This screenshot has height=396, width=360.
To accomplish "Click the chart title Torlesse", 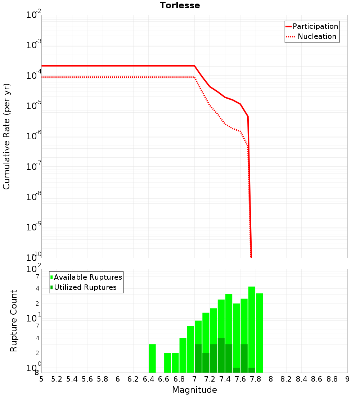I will [x=180, y=5].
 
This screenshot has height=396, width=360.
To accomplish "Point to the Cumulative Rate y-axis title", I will [x=6, y=136].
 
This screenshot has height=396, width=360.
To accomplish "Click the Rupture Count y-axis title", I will [x=14, y=321].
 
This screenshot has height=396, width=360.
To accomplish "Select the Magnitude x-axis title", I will [x=194, y=390].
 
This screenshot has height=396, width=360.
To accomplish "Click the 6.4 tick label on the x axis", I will [x=148, y=379].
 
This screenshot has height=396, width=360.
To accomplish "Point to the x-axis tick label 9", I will [x=347, y=379].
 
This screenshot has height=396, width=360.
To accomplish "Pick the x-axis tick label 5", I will [x=41, y=379].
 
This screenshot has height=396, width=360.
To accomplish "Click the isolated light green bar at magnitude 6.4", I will [x=152, y=358].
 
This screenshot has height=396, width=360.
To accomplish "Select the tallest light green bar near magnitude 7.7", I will [x=252, y=329].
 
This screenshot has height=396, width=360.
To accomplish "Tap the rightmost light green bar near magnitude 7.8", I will [x=259, y=333].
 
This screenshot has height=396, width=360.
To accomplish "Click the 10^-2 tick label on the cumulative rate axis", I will [x=34, y=15].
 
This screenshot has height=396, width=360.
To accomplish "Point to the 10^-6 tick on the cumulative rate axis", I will [x=34, y=136].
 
